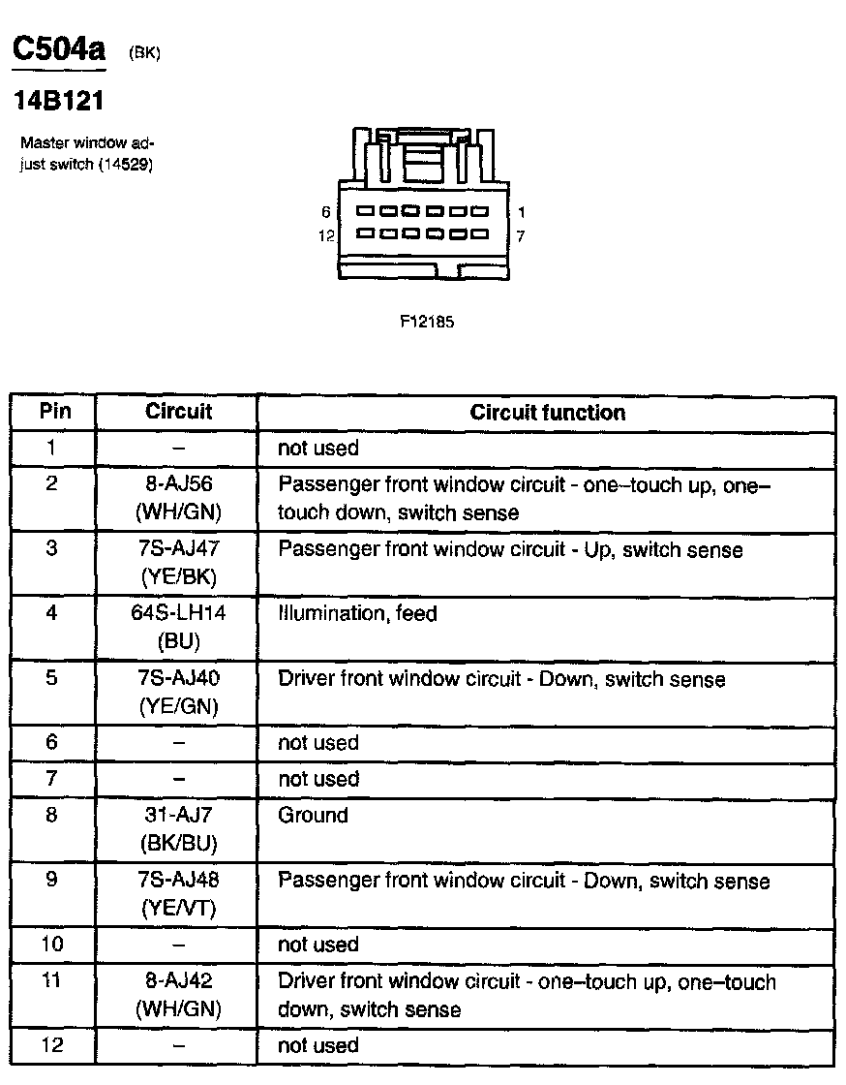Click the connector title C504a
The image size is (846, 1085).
(x=57, y=50)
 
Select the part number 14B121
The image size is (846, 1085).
(x=57, y=101)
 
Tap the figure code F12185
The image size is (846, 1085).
(x=427, y=323)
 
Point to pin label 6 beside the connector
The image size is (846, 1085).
(x=326, y=211)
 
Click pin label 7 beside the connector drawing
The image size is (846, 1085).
(x=521, y=234)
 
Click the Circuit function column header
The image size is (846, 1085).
(x=547, y=413)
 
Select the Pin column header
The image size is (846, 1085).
(x=54, y=411)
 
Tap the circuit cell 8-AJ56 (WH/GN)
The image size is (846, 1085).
(x=178, y=499)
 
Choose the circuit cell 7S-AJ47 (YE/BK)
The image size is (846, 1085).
(x=178, y=563)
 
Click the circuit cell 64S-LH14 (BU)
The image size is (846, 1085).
(x=178, y=628)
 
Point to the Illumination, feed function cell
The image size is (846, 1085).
(x=357, y=613)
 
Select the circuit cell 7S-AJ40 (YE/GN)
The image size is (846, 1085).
(x=178, y=693)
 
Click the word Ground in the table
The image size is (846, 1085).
(x=312, y=816)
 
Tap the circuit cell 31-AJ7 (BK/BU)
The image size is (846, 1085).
(x=178, y=829)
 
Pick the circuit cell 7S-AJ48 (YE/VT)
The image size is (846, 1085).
(x=178, y=895)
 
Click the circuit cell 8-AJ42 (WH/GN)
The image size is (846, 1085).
(x=178, y=995)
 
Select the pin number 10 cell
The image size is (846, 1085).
(x=52, y=944)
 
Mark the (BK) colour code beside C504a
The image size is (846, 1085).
(x=143, y=54)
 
